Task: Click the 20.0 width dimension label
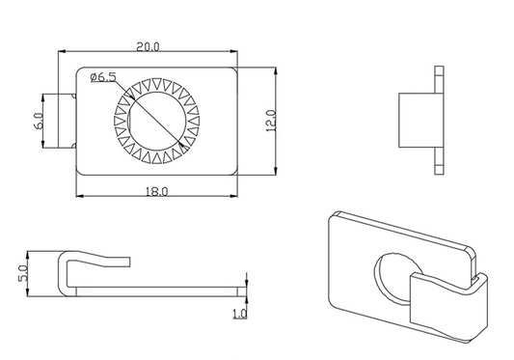click(x=148, y=45)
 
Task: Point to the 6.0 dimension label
click(x=39, y=121)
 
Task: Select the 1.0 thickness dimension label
click(x=239, y=314)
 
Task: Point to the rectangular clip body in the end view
click(x=415, y=121)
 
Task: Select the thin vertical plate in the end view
click(x=440, y=121)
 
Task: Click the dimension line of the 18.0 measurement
click(x=116, y=198)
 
